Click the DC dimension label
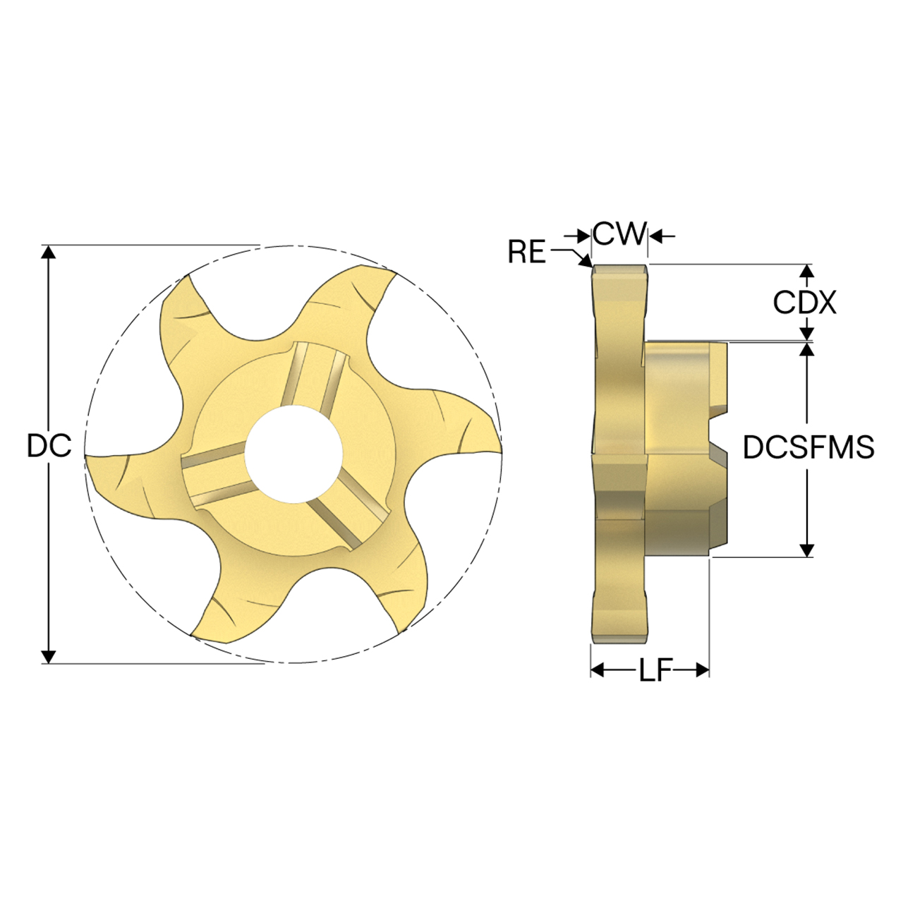[x=49, y=445]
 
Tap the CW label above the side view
[x=619, y=234]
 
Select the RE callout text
[x=527, y=251]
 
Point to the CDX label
[x=804, y=303]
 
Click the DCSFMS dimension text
[x=808, y=447]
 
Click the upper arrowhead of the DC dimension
[x=48, y=252]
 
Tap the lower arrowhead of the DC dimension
[x=48, y=655]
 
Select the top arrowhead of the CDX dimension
[x=808, y=271]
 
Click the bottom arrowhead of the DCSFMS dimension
[x=808, y=550]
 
